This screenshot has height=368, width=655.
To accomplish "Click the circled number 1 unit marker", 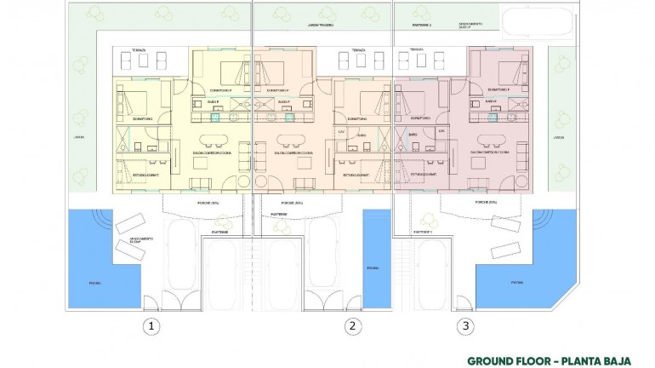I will point(151,325).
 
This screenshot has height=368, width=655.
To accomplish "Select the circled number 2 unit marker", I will point(351,325).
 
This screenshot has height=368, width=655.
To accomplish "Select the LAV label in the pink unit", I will point(441,131).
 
